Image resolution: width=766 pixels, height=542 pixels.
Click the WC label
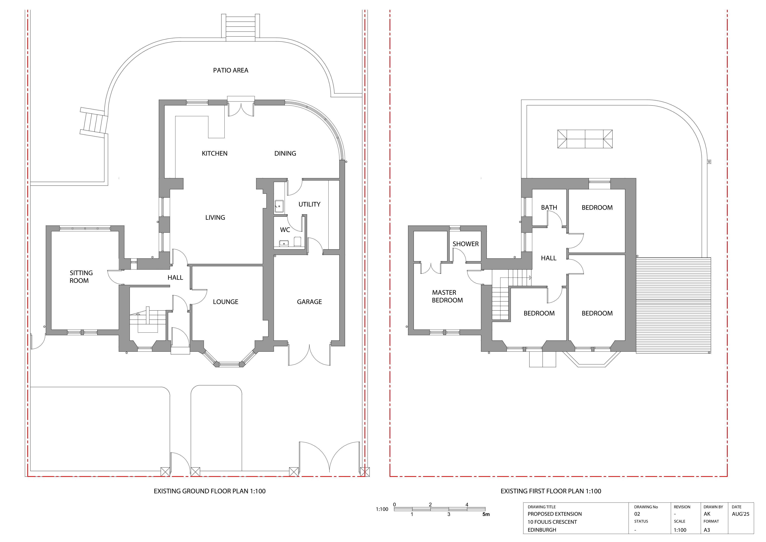[x=285, y=230]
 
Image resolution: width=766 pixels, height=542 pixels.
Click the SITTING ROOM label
[x=81, y=277]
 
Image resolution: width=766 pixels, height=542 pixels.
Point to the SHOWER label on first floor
[x=465, y=244]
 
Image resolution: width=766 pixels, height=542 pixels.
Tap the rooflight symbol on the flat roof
[x=585, y=139]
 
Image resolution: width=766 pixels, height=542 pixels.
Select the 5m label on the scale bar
[x=486, y=514]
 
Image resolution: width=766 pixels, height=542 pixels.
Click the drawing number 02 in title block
[x=637, y=514]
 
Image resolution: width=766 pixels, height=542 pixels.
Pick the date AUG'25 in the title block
[x=741, y=514]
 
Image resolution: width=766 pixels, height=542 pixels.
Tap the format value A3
[x=707, y=530]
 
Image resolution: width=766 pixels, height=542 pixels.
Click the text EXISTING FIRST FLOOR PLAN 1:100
[x=551, y=491]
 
